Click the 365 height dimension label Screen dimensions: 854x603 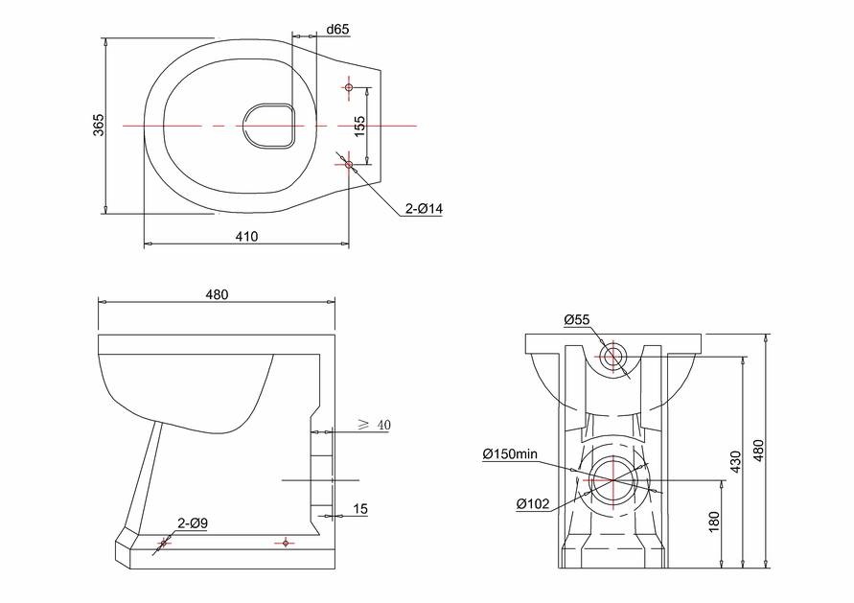[x=98, y=126]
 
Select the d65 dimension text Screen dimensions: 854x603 [x=337, y=30]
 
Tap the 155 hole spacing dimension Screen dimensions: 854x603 [x=359, y=127]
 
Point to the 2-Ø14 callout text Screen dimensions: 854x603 [x=424, y=208]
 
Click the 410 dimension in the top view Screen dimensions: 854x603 [x=246, y=237]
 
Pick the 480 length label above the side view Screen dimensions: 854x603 [x=217, y=294]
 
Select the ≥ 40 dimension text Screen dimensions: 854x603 [x=374, y=425]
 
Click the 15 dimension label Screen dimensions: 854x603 [x=360, y=509]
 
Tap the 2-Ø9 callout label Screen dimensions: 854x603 [x=193, y=523]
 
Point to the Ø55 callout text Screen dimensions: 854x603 [x=577, y=320]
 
